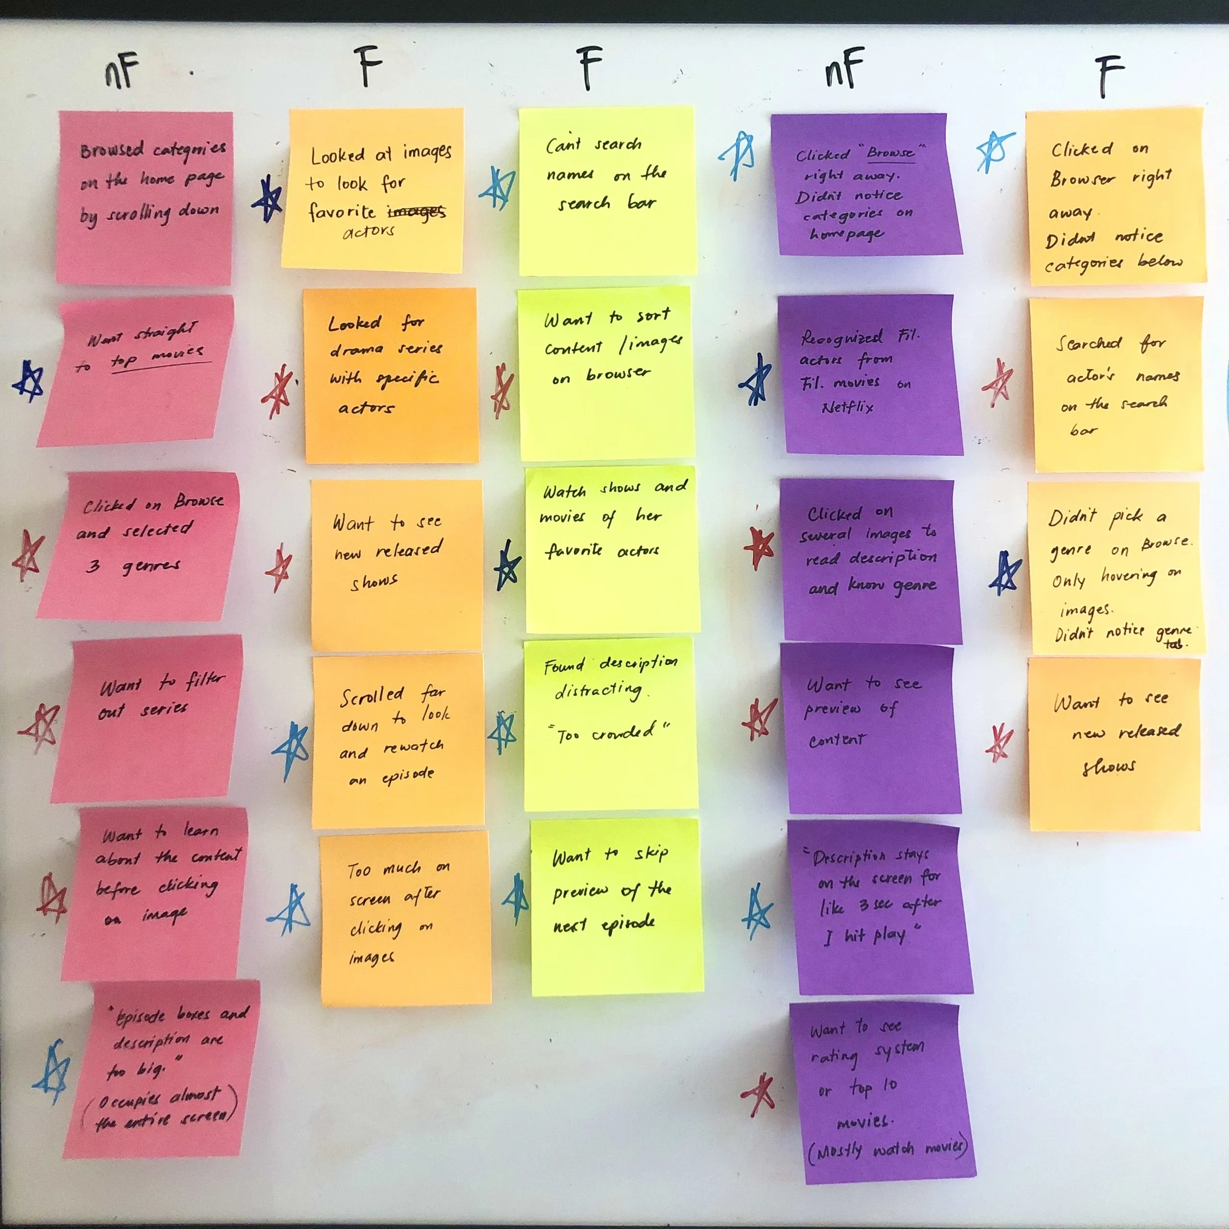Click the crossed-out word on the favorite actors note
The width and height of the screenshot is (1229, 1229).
[417, 211]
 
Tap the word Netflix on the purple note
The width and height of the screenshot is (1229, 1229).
[848, 407]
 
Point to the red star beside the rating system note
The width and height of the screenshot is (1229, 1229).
[758, 1095]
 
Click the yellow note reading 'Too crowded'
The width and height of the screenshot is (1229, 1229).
[611, 725]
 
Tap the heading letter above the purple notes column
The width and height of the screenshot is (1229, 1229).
[844, 69]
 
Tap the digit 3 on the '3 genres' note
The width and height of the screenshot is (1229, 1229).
[93, 565]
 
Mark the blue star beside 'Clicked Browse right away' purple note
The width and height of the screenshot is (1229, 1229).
[738, 155]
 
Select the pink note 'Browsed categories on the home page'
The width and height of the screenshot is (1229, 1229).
[145, 197]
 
